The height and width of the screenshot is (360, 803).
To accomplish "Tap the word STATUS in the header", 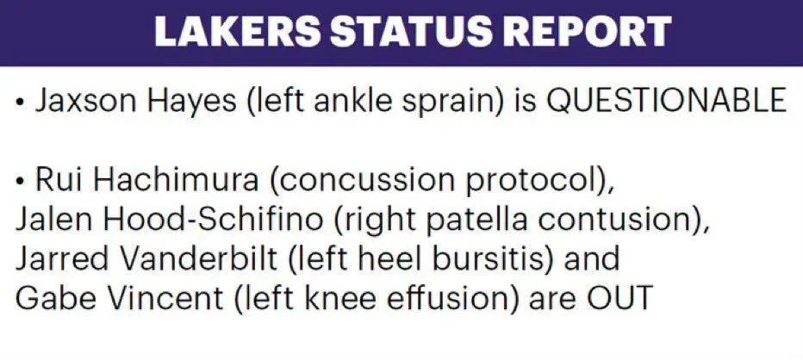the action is [x=419, y=32].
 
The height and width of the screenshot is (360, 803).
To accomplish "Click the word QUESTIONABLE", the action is [x=666, y=100].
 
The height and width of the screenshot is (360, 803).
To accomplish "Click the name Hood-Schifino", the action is [x=213, y=219].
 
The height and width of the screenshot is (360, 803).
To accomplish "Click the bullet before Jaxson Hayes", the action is [x=21, y=102].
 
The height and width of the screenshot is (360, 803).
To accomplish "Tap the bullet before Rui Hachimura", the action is [x=21, y=181].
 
